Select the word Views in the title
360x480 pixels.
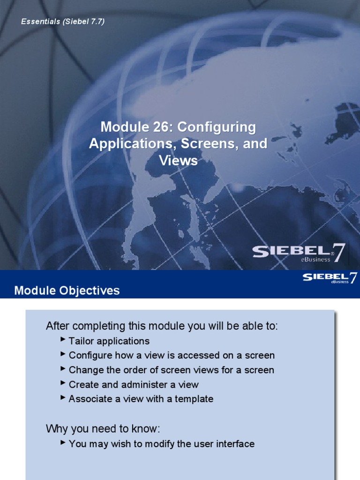[178, 161]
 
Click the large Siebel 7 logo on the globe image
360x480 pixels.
[300, 253]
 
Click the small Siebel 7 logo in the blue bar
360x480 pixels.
[330, 278]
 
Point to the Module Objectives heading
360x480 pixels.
[67, 291]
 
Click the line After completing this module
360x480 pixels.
[162, 326]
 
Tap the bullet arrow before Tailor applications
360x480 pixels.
[63, 340]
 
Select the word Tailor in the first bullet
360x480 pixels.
[80, 341]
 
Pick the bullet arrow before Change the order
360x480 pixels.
[63, 369]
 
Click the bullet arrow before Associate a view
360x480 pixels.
[63, 398]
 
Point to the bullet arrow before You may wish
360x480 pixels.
[63, 442]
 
